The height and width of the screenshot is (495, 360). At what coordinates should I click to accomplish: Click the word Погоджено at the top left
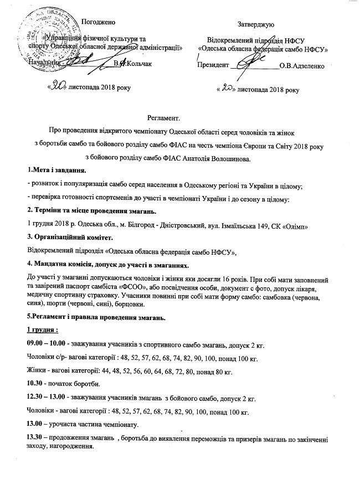pyautogui.click(x=98, y=22)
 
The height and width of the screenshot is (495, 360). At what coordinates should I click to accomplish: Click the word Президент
pyautogui.click(x=213, y=66)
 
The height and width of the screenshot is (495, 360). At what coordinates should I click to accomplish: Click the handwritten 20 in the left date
pyautogui.click(x=58, y=87)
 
